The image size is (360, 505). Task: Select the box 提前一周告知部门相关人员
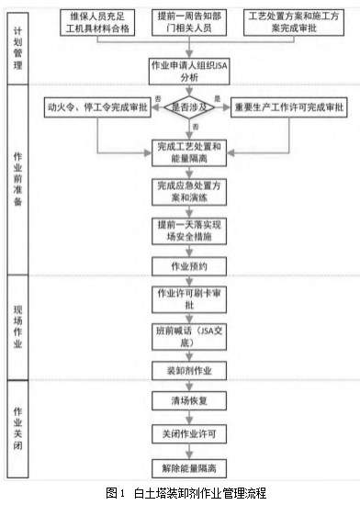[189, 24]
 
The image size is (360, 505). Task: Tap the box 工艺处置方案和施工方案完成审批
[289, 24]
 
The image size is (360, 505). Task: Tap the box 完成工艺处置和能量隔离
[189, 151]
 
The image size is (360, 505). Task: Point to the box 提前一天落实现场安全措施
[189, 230]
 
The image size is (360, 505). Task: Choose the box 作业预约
[189, 265]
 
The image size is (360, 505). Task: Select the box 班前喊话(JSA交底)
[189, 336]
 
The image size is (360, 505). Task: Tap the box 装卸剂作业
[189, 372]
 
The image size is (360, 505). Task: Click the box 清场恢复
[189, 401]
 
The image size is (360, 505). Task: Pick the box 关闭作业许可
[189, 432]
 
